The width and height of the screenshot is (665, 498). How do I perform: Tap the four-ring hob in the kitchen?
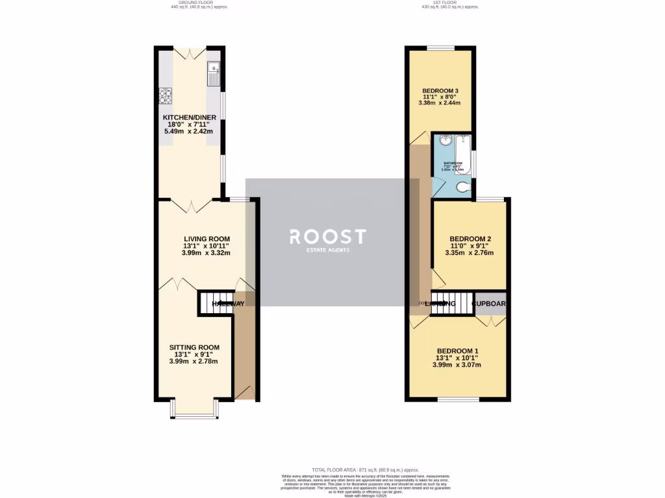pyautogui.click(x=165, y=96)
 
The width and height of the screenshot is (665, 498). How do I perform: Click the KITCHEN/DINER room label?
pyautogui.click(x=190, y=117)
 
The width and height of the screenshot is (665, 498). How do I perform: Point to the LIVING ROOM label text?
pyautogui.click(x=207, y=239)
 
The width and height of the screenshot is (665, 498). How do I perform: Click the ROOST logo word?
pyautogui.click(x=328, y=236)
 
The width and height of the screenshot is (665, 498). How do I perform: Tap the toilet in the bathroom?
pyautogui.click(x=463, y=187)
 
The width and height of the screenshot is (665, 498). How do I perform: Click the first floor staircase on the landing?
pyautogui.click(x=445, y=303)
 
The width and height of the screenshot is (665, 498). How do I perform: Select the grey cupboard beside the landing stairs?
pyautogui.click(x=490, y=304)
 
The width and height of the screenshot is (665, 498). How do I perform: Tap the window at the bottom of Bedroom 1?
pyautogui.click(x=458, y=398)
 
